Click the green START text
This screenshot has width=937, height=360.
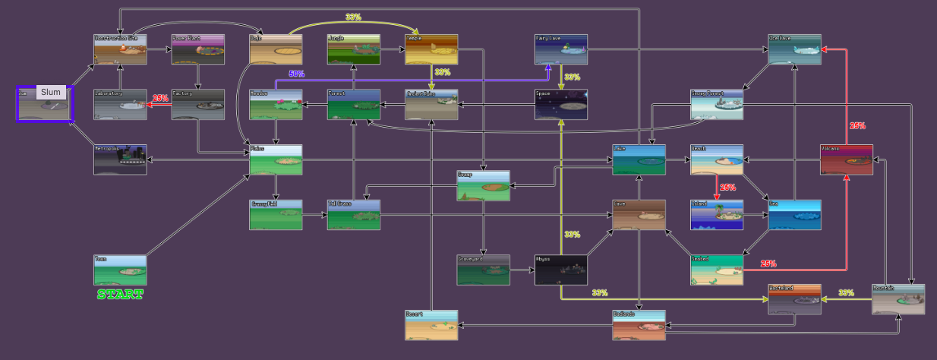pos(120,294)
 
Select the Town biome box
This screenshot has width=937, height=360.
pos(120,270)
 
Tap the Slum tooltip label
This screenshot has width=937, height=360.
pos(51,93)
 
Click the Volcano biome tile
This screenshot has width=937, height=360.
pos(847,159)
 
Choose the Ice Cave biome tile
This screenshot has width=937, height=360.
pos(794,49)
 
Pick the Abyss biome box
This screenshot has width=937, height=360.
pos(561,270)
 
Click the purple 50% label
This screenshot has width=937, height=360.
pos(297,74)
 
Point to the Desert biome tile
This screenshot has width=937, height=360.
pos(431,325)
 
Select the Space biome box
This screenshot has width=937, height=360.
pos(561,105)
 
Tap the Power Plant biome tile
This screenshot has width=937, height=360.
pos(198,49)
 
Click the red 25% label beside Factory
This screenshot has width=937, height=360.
pos(160,99)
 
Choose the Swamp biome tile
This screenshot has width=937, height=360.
pos(483,186)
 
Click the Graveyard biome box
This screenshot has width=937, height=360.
pos(483,270)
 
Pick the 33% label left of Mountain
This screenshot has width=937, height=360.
pos(847,292)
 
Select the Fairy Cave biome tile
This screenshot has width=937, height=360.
pos(561,49)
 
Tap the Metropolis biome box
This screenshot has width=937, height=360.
pos(120,159)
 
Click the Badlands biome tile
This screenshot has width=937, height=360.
pos(639,325)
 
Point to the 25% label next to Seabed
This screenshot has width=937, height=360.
pos(768,264)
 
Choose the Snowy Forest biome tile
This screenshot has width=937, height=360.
pos(717,105)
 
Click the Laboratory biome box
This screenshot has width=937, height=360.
pos(120,105)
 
